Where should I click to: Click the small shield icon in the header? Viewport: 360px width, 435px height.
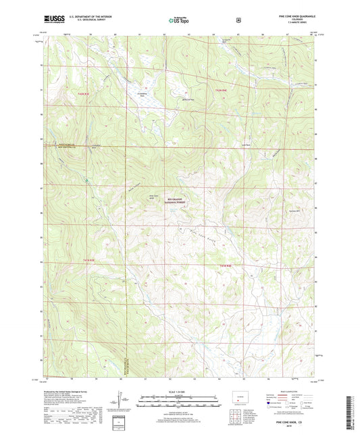[x=238, y=20]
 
